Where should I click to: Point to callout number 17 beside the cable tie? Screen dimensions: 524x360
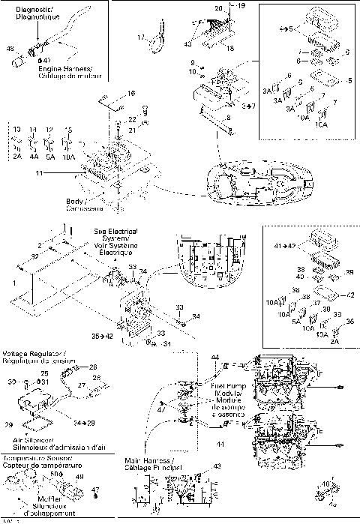click(x=140, y=37)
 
